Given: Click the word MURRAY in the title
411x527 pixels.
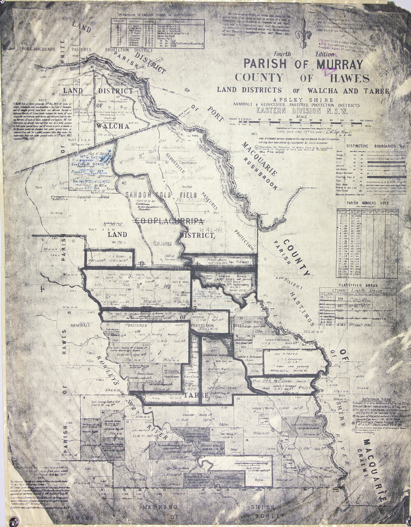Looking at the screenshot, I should click(x=339, y=64).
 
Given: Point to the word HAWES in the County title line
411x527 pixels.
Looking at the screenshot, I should click(x=349, y=78).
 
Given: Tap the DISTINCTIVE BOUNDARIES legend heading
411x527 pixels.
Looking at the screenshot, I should click(x=367, y=146).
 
